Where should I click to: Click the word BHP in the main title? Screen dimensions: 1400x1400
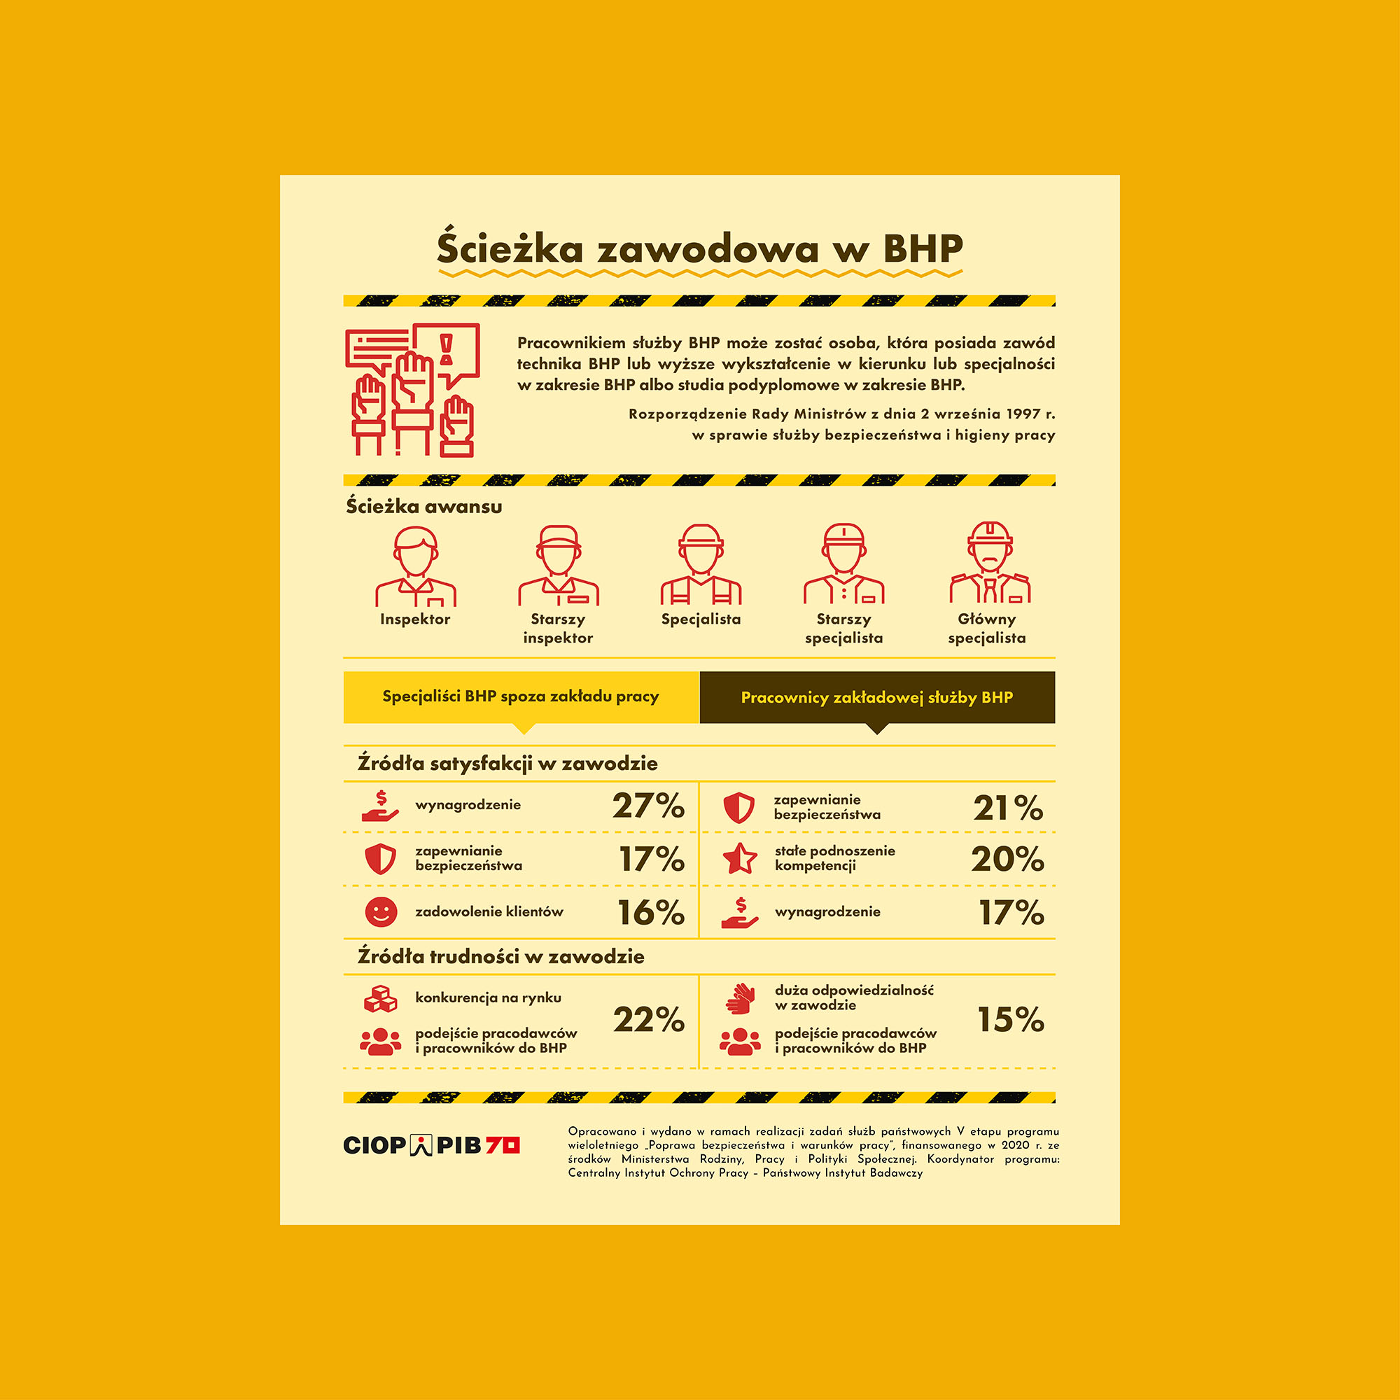[923, 249]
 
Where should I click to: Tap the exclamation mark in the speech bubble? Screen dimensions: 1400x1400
[447, 350]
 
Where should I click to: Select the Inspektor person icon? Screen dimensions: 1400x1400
[415, 568]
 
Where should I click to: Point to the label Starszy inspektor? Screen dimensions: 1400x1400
[558, 629]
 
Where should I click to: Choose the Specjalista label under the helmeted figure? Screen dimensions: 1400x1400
[701, 619]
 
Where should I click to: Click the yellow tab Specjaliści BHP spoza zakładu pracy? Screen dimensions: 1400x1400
[520, 697]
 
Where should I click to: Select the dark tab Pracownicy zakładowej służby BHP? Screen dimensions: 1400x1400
[877, 698]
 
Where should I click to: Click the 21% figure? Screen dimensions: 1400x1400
[1008, 808]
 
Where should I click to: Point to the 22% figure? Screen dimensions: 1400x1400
[649, 1021]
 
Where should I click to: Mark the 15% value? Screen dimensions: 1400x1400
[1011, 1021]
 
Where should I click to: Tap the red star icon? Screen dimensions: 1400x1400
[740, 860]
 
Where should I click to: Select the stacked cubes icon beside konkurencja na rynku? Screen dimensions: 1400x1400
[380, 1000]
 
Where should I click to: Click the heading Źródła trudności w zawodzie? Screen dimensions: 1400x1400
[500, 957]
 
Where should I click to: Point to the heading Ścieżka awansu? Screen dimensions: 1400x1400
[424, 507]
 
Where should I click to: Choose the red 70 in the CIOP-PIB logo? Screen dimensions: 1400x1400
[502, 1146]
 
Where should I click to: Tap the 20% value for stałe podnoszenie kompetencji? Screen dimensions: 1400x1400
[1007, 860]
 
